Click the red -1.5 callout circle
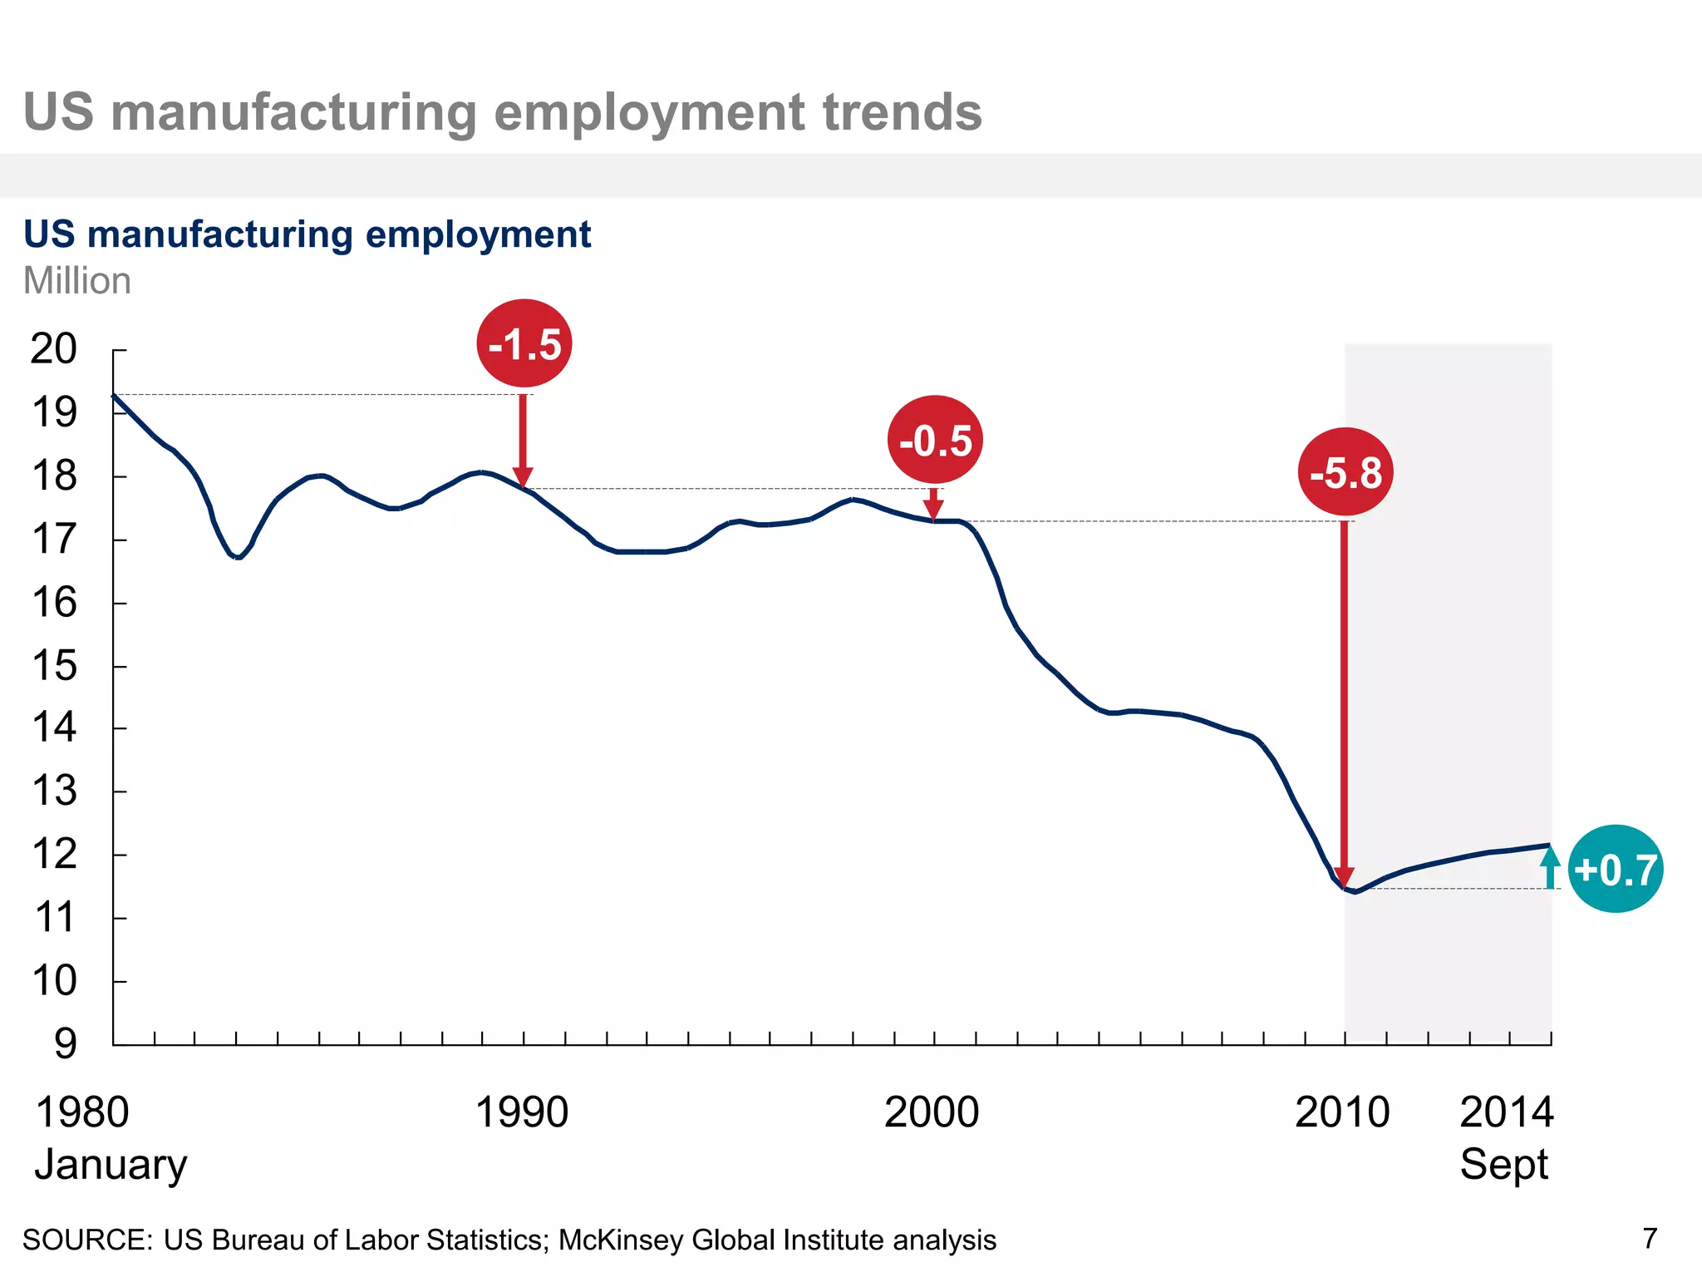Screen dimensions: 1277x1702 (524, 343)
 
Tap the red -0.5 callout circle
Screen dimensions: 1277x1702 (935, 440)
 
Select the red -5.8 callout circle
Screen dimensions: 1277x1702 (1345, 472)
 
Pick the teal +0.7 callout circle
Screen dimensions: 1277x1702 (1615, 869)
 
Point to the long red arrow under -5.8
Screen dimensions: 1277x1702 (1344, 707)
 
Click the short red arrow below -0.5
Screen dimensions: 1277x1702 (933, 504)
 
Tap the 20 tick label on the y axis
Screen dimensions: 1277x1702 (53, 348)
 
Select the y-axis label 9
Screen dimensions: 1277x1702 (65, 1043)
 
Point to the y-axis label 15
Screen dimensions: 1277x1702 (54, 666)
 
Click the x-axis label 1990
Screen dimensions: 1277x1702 (521, 1112)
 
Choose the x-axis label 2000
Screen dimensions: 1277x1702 (931, 1112)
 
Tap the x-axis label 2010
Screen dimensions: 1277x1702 (1341, 1112)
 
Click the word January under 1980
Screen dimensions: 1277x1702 (111, 1164)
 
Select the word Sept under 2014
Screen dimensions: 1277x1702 (1503, 1164)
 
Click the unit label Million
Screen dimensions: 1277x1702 (76, 281)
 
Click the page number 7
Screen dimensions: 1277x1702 (1650, 1239)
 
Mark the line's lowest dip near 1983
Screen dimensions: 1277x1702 (239, 557)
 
